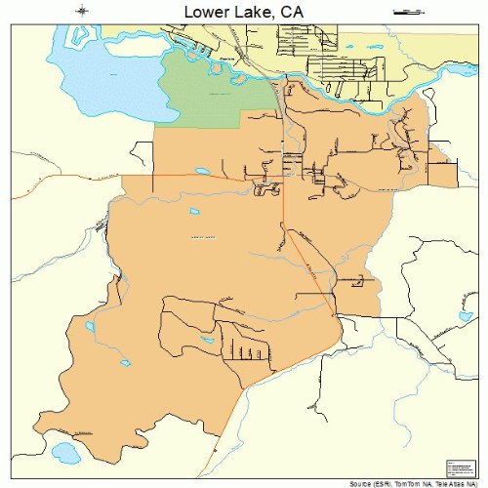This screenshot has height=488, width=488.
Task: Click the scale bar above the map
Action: (403, 12)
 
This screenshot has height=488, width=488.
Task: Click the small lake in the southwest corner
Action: (65, 453)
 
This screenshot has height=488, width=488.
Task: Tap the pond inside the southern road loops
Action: (206, 343)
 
